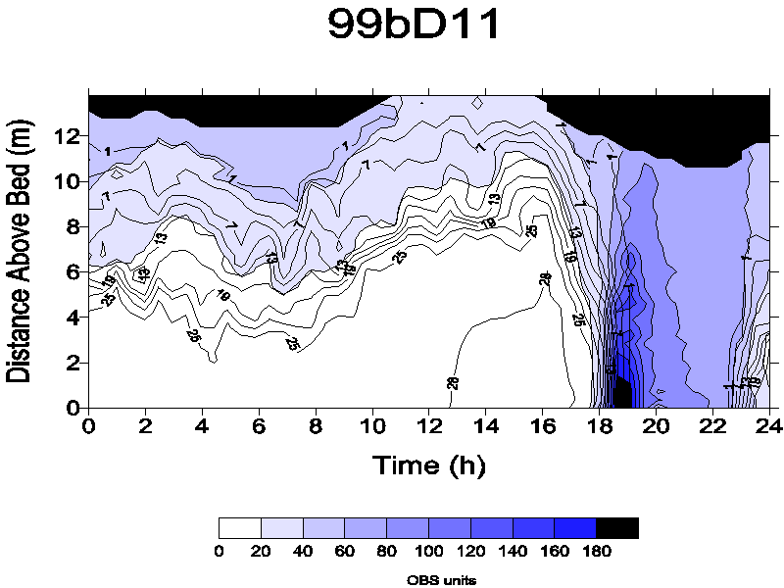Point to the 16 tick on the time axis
[x=543, y=427]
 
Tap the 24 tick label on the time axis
[x=769, y=427]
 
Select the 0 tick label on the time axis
[x=89, y=427]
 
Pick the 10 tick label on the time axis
[x=372, y=427]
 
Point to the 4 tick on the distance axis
[x=71, y=318]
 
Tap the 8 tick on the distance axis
[x=71, y=227]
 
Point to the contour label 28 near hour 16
[x=546, y=280]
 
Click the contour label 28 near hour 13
[x=453, y=381]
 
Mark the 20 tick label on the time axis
[x=656, y=427]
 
